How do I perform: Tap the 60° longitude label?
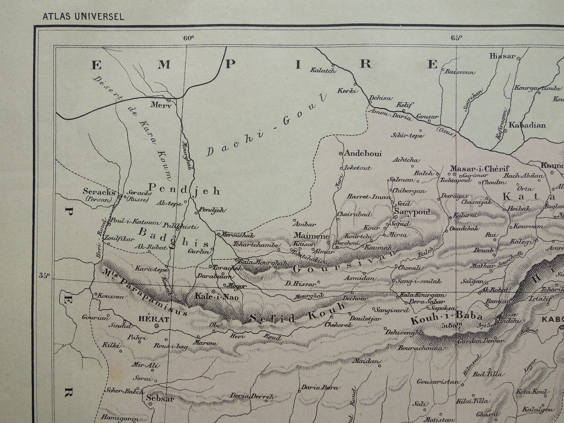pyautogui.click(x=187, y=38)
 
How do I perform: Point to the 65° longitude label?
pyautogui.click(x=456, y=38)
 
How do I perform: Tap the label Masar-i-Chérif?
pyautogui.click(x=479, y=169)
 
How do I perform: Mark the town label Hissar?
pyautogui.click(x=502, y=56)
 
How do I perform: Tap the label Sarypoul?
pyautogui.click(x=412, y=212)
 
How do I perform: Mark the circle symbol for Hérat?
pyautogui.click(x=156, y=326)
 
